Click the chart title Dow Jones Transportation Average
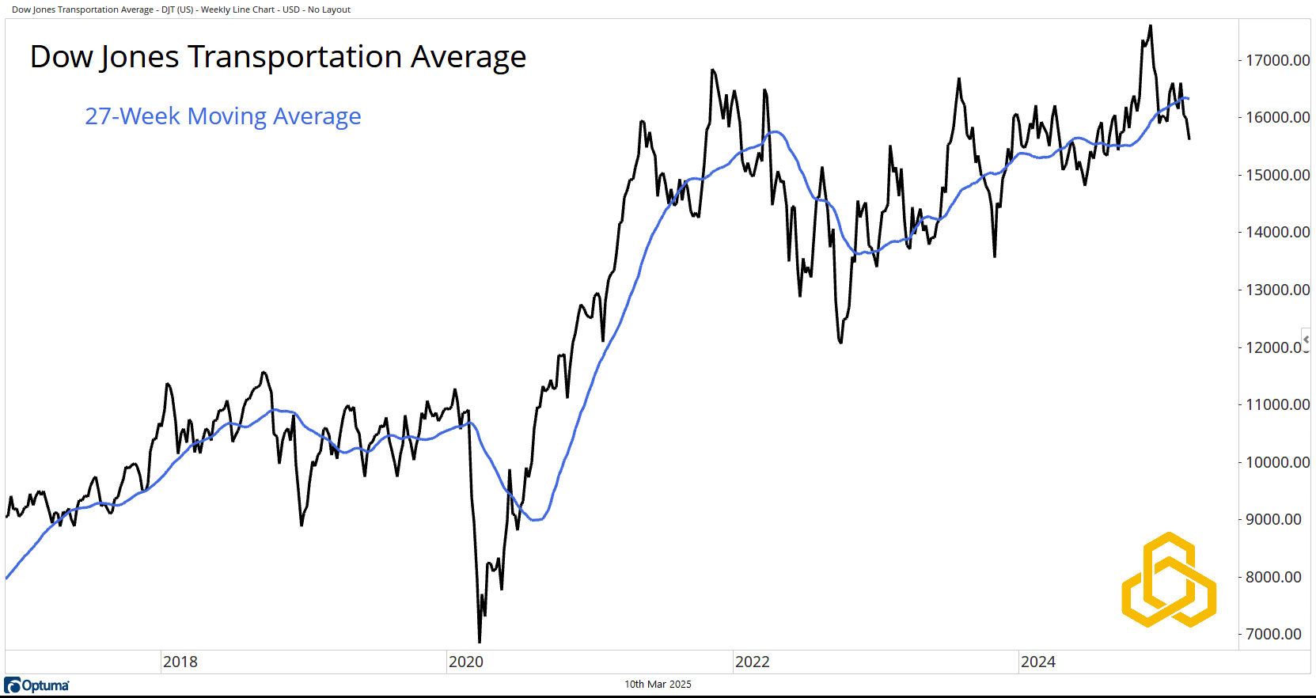click(278, 57)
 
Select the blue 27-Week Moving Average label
click(222, 116)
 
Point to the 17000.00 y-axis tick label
click(1277, 60)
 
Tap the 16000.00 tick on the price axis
click(1277, 117)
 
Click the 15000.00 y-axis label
click(1277, 175)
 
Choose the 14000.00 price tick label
click(1277, 232)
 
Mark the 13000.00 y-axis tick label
click(1277, 290)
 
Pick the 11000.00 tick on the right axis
click(1277, 404)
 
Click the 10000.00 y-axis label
click(1277, 462)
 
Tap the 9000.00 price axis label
click(1273, 519)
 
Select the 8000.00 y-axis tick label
click(1273, 577)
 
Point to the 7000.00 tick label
click(1273, 634)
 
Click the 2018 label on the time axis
click(180, 662)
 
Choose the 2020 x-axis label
click(466, 662)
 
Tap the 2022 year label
click(753, 662)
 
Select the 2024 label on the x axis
click(1038, 662)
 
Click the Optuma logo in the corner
click(37, 685)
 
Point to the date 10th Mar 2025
click(658, 685)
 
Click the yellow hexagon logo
click(1169, 580)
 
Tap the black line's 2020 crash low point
click(480, 641)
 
